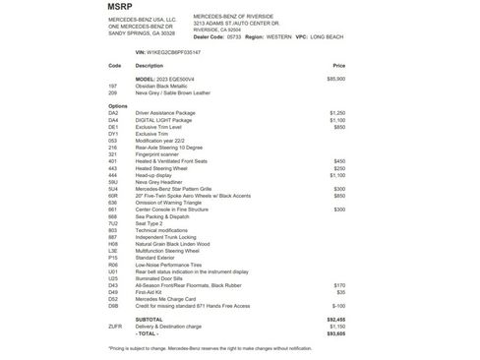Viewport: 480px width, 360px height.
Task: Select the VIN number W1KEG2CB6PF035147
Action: (x=167, y=51)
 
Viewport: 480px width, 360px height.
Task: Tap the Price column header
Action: (x=339, y=65)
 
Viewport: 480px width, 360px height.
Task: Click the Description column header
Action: (x=150, y=65)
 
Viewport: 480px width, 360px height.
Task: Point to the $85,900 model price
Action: (x=335, y=77)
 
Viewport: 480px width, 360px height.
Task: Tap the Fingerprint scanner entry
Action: (x=160, y=152)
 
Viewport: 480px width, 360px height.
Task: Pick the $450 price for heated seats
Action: (x=339, y=159)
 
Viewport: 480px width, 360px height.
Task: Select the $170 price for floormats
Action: (x=339, y=284)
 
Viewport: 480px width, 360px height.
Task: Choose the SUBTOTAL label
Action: (x=150, y=319)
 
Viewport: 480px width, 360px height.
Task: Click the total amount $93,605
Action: (x=335, y=333)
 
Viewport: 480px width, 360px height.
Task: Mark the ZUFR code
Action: (x=115, y=326)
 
